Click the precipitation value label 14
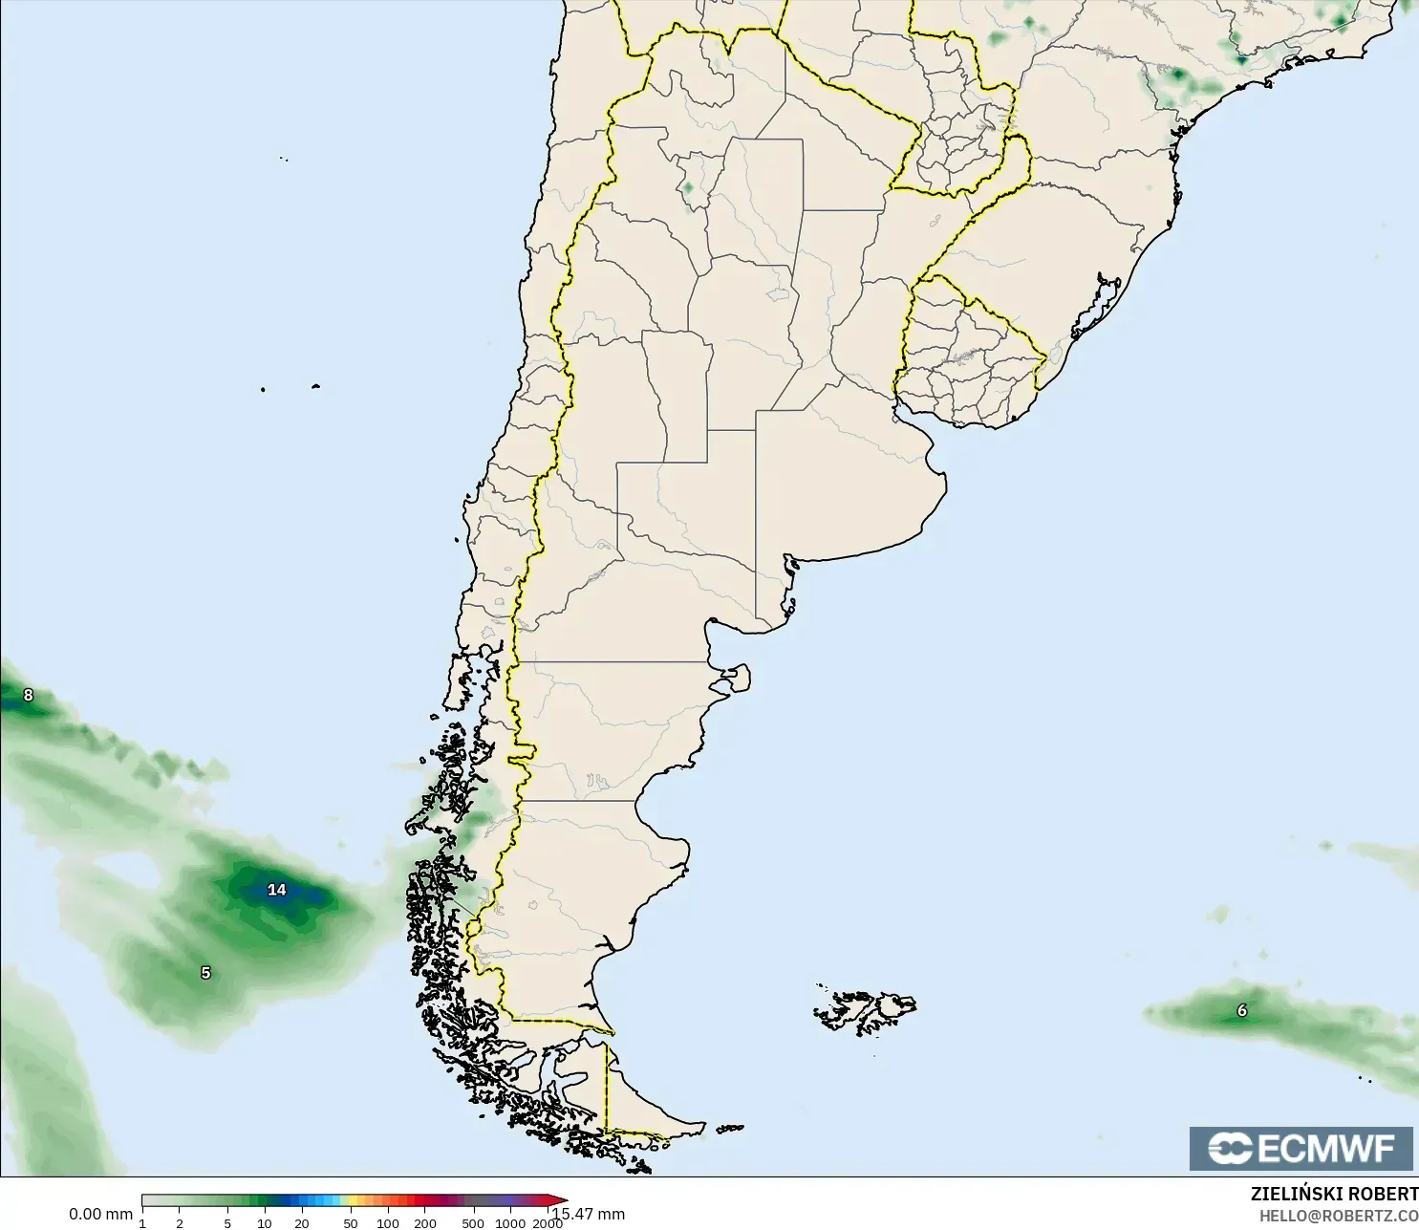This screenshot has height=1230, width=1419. click(277, 890)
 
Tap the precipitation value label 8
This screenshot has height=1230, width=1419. click(28, 695)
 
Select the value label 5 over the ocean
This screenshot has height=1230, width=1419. click(205, 973)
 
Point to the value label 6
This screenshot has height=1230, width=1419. click(1242, 1010)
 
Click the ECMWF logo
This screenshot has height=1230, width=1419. click(1301, 1148)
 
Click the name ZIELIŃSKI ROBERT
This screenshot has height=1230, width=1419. click(1334, 1194)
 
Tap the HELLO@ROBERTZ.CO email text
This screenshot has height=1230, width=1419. click(1338, 1216)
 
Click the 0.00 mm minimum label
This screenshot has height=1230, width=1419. click(100, 1214)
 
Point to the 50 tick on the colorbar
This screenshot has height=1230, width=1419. click(351, 1223)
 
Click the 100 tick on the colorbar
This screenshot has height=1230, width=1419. click(387, 1223)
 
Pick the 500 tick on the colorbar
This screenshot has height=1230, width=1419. click(473, 1223)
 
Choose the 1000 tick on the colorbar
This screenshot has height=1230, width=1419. click(510, 1223)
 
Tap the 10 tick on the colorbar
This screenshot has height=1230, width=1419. click(265, 1223)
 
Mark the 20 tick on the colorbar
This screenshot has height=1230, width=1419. click(302, 1223)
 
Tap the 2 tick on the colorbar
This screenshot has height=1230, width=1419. click(179, 1223)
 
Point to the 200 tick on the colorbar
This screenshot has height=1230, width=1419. click(425, 1223)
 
